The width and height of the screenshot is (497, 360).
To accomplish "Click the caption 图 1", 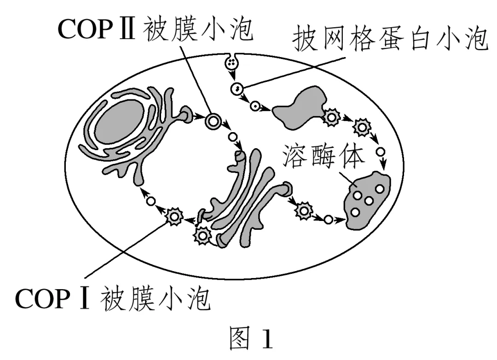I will coord(250,340).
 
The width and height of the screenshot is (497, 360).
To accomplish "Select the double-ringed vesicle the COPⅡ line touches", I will coord(213,122).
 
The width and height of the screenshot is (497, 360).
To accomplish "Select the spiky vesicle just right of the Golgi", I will coord(304,211).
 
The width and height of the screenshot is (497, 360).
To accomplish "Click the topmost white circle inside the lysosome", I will coord(380,188).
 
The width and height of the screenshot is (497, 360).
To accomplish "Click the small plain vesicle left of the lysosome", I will coord(328,220).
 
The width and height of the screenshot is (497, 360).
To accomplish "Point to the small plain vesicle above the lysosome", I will coord(381,152).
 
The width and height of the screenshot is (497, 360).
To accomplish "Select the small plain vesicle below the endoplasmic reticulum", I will coord(150,201).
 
